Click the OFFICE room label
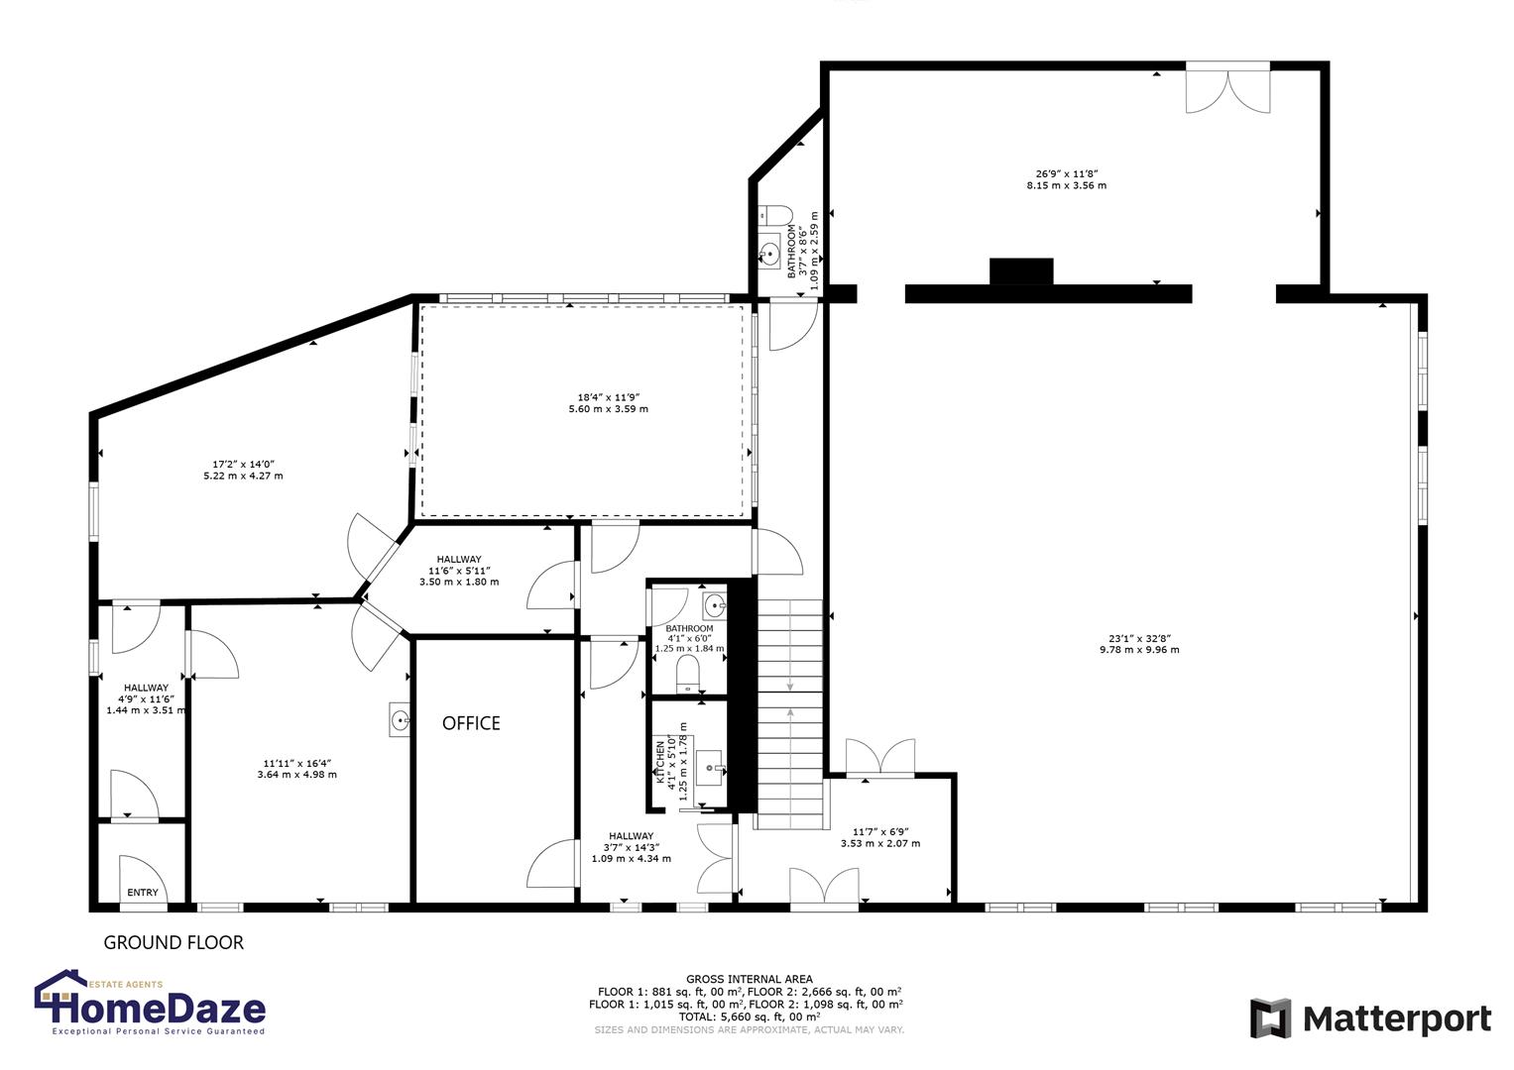tap(471, 723)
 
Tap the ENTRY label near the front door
tap(143, 893)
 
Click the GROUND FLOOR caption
tap(174, 942)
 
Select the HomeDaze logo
tap(151, 1004)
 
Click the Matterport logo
tap(1370, 1018)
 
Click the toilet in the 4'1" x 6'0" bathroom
tap(688, 678)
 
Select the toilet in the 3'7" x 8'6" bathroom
tap(775, 214)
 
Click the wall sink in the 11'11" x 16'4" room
tap(400, 721)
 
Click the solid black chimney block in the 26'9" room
tap(1020, 271)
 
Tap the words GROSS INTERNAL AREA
tap(749, 979)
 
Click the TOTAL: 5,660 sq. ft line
tap(749, 1016)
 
